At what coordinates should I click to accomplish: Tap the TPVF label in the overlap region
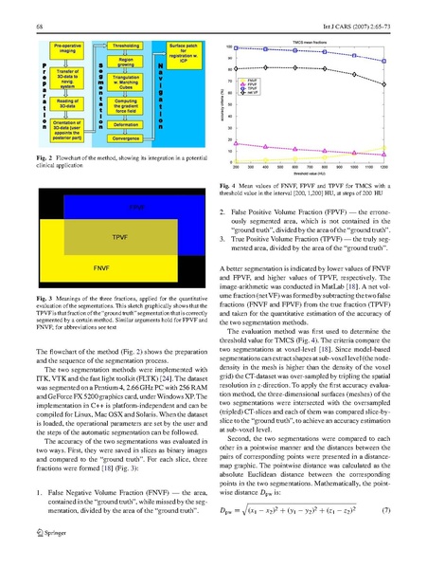[x=119, y=235]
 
